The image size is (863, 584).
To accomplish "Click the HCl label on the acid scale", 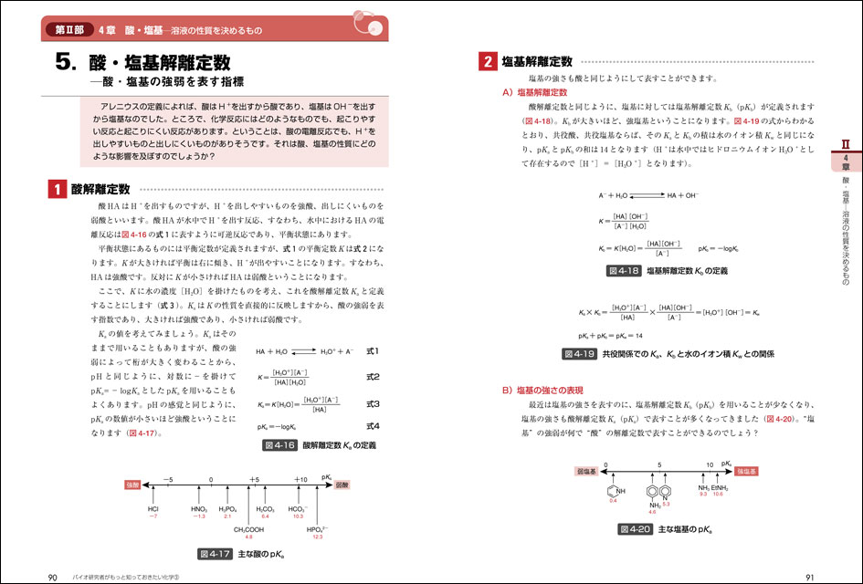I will (153, 508).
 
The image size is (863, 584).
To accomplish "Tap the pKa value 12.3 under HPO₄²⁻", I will (316, 537).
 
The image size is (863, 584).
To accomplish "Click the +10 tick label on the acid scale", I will (300, 478).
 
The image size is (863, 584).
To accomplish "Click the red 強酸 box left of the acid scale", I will (133, 485).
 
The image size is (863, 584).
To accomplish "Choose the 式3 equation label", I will (372, 402).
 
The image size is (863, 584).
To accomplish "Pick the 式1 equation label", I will (372, 350).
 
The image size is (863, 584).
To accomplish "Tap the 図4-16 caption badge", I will (278, 446).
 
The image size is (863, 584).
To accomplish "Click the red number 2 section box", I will (488, 62).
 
